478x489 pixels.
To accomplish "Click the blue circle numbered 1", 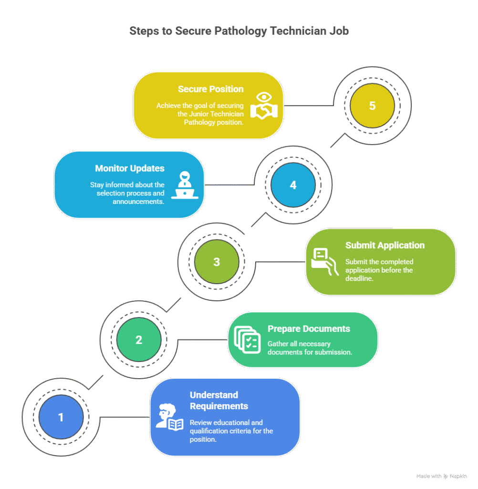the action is click(x=61, y=417).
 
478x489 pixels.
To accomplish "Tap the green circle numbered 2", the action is click(x=139, y=340).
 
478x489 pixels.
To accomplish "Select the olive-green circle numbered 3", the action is click(x=217, y=262).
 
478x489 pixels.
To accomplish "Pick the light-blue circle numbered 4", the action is click(x=293, y=185).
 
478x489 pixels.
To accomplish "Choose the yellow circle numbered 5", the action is click(x=373, y=106).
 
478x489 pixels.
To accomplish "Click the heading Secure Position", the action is click(x=211, y=89).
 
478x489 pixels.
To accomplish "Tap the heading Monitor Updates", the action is click(x=130, y=169).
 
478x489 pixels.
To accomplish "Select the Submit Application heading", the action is click(x=385, y=245).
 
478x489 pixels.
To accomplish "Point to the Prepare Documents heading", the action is click(x=309, y=329).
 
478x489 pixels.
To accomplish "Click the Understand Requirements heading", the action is click(x=219, y=401).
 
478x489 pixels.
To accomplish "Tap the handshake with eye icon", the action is click(x=264, y=106).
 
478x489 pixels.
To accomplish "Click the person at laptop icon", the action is click(x=185, y=185).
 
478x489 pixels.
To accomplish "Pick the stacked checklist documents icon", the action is click(x=248, y=340).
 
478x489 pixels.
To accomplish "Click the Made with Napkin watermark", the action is click(x=442, y=476).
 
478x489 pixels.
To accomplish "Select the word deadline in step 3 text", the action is click(x=359, y=278).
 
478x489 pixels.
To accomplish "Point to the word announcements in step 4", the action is click(x=138, y=202).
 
